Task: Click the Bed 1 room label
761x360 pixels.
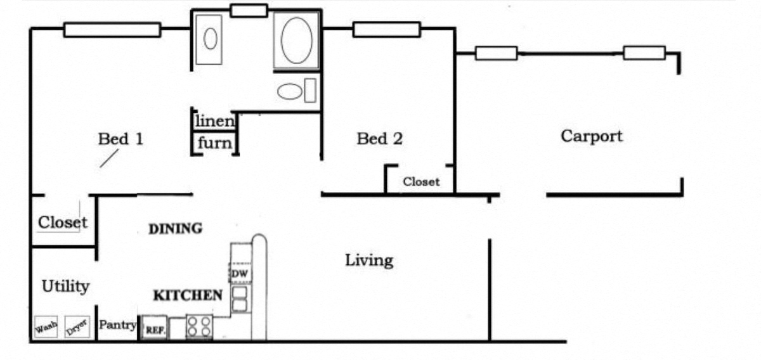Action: tap(120, 139)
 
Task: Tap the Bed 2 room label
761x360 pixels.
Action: tap(379, 138)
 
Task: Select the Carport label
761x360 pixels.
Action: tap(591, 136)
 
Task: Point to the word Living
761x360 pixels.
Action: tap(368, 260)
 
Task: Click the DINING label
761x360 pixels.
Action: tap(176, 229)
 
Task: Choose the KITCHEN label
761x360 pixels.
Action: tap(188, 295)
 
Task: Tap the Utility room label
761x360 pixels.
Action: tap(65, 286)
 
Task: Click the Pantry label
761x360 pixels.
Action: tap(118, 325)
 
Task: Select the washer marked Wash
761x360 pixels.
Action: tap(46, 328)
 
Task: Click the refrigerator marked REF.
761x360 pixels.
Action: tap(155, 328)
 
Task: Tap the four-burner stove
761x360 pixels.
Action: tap(200, 327)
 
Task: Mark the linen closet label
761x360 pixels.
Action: tap(215, 120)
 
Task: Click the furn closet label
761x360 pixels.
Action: tap(215, 143)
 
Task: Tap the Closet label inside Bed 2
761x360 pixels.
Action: tap(421, 182)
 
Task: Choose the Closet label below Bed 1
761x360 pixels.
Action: tap(62, 222)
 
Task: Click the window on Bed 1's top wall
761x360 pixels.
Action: tap(112, 30)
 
